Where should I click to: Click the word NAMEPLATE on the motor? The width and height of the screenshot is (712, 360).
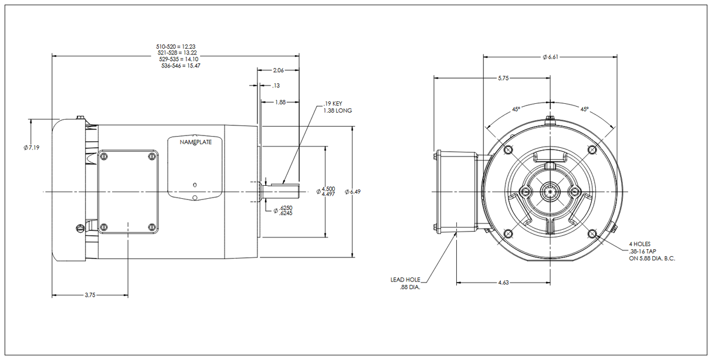[196, 142]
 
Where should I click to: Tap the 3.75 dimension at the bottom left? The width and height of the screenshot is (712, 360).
[90, 295]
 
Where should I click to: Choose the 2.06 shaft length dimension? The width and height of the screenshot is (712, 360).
[279, 70]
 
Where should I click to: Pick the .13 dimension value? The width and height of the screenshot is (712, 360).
[275, 86]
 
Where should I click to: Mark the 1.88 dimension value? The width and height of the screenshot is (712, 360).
[281, 102]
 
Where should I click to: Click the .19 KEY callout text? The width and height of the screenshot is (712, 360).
[333, 104]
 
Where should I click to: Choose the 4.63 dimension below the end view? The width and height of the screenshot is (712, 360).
[503, 283]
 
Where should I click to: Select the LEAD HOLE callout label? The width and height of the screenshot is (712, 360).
[405, 280]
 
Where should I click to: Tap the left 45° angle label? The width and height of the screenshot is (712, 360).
[516, 109]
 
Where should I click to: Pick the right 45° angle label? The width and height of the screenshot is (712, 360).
[585, 109]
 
